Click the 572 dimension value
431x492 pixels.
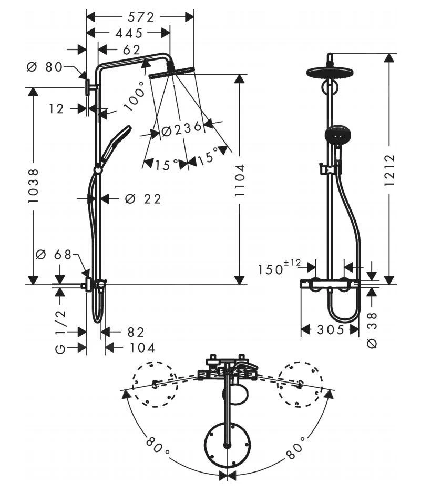coord(140,17)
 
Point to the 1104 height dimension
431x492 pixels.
coord(240,180)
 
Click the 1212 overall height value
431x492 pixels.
coord(389,169)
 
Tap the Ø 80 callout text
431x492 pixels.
coord(44,67)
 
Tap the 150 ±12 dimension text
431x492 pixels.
coord(278,268)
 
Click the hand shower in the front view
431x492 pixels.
coord(336,135)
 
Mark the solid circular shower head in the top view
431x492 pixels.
coord(227,445)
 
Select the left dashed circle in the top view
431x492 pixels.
coord(153,384)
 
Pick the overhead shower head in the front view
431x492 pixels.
coord(329,72)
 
